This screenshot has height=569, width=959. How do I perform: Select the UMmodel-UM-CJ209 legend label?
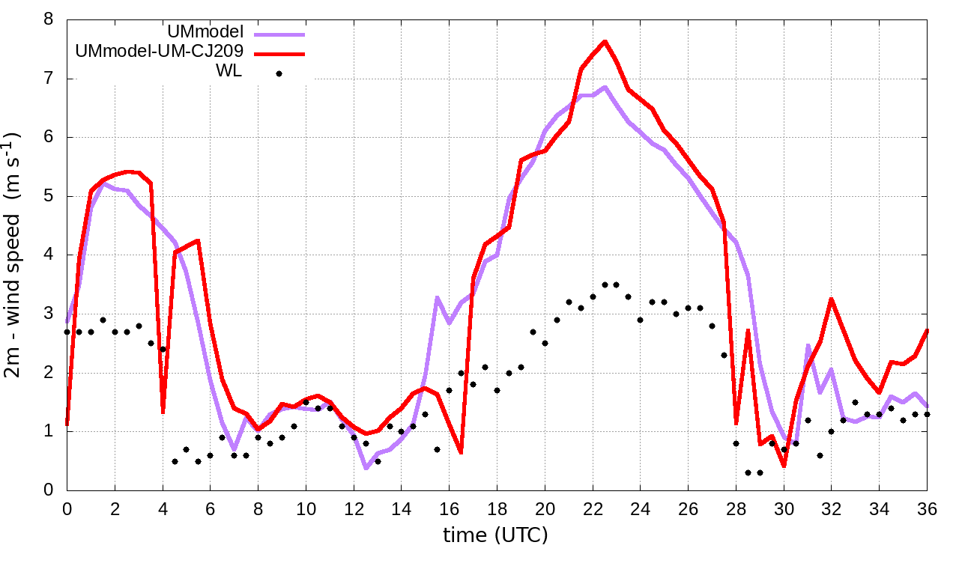tap(159, 52)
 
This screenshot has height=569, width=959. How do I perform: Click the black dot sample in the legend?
tap(279, 73)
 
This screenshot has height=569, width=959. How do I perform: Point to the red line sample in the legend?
tap(279, 53)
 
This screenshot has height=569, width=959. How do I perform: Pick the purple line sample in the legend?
tap(279, 33)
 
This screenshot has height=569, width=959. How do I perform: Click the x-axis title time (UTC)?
tap(495, 535)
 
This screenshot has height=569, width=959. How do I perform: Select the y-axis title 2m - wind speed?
tap(13, 255)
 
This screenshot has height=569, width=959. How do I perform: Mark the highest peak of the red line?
tap(605, 41)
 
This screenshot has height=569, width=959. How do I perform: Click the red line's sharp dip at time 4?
tap(163, 412)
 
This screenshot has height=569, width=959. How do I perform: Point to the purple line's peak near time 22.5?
tap(605, 87)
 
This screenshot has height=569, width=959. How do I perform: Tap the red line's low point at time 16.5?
tap(461, 452)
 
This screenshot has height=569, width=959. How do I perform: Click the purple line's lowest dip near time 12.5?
tap(366, 468)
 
